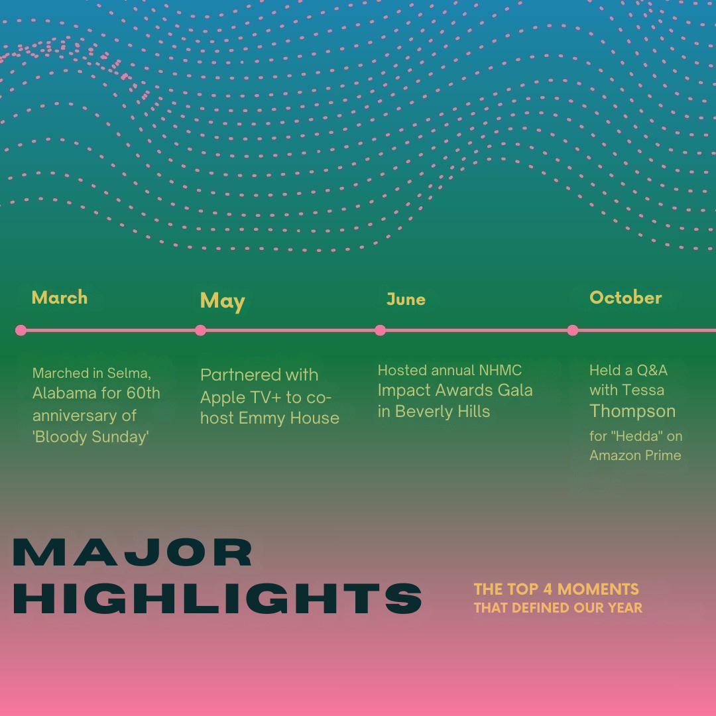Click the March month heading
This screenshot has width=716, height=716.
(x=60, y=298)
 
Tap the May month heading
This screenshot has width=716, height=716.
(x=222, y=302)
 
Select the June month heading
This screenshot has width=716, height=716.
(x=406, y=300)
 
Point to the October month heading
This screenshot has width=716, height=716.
(x=626, y=298)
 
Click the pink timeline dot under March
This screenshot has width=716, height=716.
(x=21, y=330)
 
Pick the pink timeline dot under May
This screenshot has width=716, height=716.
(x=200, y=330)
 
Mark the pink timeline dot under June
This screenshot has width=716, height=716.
(x=380, y=330)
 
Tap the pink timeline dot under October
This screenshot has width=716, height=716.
(x=573, y=330)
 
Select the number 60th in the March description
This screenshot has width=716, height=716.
(x=143, y=393)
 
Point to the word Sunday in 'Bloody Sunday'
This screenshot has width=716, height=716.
(x=119, y=437)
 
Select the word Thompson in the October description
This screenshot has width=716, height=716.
(x=632, y=412)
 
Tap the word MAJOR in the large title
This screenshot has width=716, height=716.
(x=133, y=552)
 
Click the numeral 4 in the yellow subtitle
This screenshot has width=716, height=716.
(x=548, y=589)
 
